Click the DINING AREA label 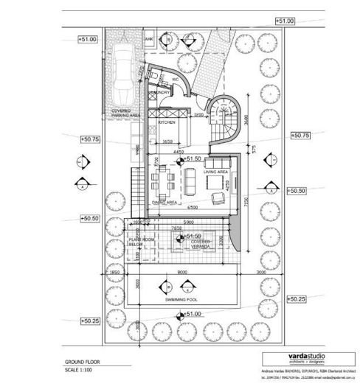[165, 201]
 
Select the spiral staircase [221, 119]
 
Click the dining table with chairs [165, 179]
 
